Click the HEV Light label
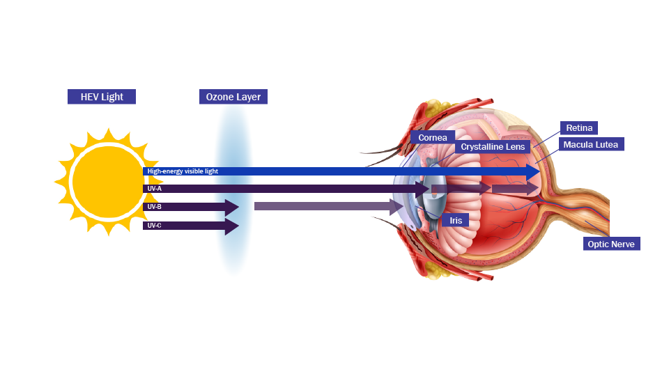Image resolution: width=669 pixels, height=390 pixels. [102, 97]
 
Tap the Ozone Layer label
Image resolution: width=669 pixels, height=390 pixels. [233, 97]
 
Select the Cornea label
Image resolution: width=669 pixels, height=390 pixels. [433, 138]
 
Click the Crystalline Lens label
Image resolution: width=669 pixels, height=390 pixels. [493, 147]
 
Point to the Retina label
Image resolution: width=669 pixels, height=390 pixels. [579, 128]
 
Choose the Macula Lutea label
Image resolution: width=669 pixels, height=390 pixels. [590, 144]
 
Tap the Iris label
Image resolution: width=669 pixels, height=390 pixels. [456, 220]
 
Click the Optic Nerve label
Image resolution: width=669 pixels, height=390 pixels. [611, 244]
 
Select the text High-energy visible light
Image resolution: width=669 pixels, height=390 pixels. [183, 171]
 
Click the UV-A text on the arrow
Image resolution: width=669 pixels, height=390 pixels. [155, 189]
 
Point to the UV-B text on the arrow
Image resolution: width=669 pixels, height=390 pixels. [155, 207]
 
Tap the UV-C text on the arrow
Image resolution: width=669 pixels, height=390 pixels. [155, 226]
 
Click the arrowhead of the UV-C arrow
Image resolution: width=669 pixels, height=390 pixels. [231, 226]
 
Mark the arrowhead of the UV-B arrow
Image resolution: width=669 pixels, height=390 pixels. [231, 207]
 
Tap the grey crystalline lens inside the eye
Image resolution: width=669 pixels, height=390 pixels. [433, 205]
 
